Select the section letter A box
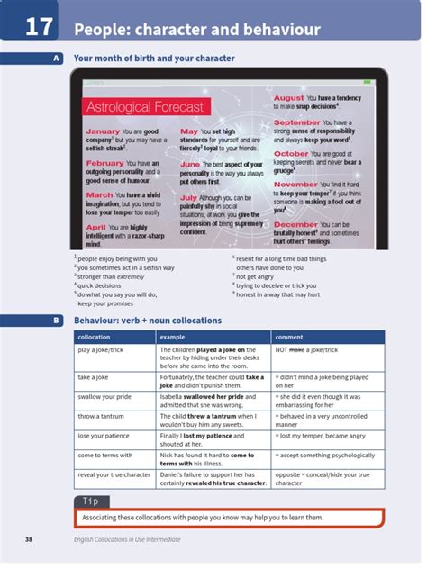pyautogui.click(x=56, y=59)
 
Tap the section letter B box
pyautogui.click(x=56, y=321)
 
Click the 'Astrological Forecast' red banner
pyautogui.click(x=145, y=108)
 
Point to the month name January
pyautogui.click(x=103, y=131)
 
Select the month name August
pyautogui.click(x=289, y=98)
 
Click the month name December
pyautogui.click(x=295, y=224)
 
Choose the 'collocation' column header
pyautogui.click(x=95, y=337)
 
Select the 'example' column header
pyautogui.click(x=172, y=337)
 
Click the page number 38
pyautogui.click(x=29, y=539)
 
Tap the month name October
pyautogui.click(x=290, y=154)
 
